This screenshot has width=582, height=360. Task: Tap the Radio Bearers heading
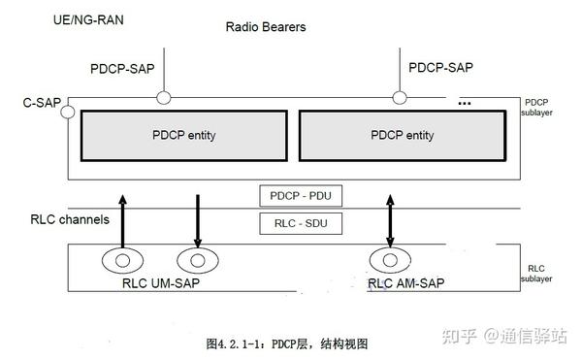point(265,27)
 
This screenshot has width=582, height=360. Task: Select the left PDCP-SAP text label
point(123,69)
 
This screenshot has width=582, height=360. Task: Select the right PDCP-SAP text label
point(440,69)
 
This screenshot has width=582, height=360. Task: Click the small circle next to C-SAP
point(67,113)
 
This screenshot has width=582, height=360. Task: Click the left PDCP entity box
point(183,135)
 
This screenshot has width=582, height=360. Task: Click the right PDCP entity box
point(402,135)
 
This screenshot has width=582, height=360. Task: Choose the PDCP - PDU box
point(301,195)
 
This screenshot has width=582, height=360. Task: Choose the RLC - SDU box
point(301,224)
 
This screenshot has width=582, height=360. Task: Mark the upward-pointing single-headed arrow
point(123,221)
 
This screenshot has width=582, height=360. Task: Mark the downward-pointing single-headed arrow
point(197,221)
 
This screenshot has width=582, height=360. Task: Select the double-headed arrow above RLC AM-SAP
point(391,221)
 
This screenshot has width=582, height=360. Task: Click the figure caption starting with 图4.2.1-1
point(287,344)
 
